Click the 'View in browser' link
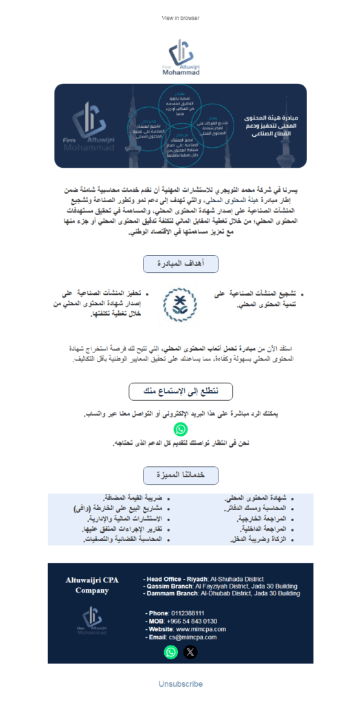tap(180, 18)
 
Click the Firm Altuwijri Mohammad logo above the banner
tap(180, 56)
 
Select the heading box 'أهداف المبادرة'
tap(180, 264)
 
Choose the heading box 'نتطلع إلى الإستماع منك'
tap(180, 392)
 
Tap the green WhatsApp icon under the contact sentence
tap(181, 430)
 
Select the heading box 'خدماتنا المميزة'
tap(180, 475)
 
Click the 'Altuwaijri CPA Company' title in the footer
tap(93, 585)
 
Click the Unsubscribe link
tap(180, 685)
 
